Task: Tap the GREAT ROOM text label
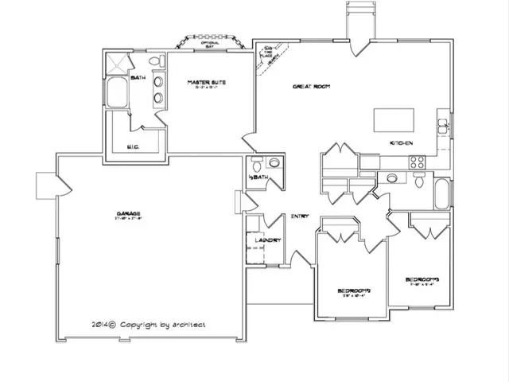click(x=311, y=86)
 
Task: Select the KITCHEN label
click(x=400, y=142)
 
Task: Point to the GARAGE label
click(x=128, y=214)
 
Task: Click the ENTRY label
click(x=300, y=216)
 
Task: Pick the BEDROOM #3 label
click(x=422, y=279)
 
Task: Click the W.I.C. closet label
click(x=134, y=146)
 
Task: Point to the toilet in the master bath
click(x=157, y=61)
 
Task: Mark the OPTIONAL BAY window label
click(x=208, y=45)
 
